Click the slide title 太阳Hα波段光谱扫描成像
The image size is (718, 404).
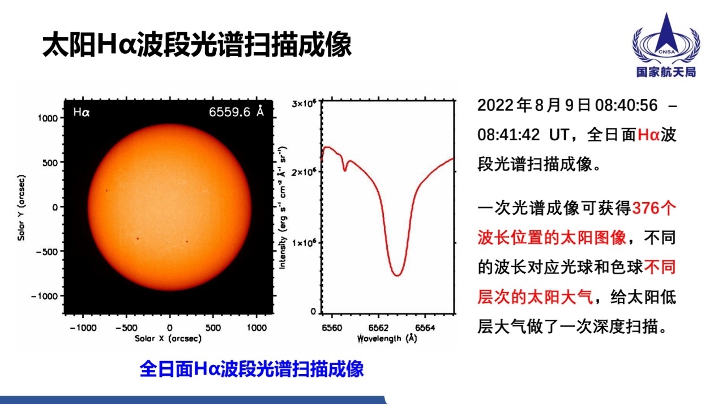[197, 45]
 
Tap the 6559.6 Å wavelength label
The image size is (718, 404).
[236, 112]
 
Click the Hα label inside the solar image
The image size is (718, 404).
[82, 112]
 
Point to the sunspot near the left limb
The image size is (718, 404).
[107, 191]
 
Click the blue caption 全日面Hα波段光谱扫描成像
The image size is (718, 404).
[251, 369]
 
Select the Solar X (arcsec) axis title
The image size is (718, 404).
[168, 338]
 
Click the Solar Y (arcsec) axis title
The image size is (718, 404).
[21, 208]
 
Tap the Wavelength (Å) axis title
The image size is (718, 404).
[387, 338]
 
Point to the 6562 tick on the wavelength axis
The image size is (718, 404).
[379, 328]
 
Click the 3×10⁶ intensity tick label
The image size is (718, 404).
[304, 104]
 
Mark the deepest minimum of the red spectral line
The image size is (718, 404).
[397, 275]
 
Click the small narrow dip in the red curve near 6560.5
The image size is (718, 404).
[345, 170]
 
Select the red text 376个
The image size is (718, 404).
[654, 208]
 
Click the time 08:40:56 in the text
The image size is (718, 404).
[626, 105]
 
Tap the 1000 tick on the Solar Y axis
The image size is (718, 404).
[48, 118]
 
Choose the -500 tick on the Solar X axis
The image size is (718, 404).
[126, 328]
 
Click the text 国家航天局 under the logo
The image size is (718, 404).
[666, 72]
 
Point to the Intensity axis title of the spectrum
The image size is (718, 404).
[282, 208]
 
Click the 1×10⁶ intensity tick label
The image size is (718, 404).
[304, 243]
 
